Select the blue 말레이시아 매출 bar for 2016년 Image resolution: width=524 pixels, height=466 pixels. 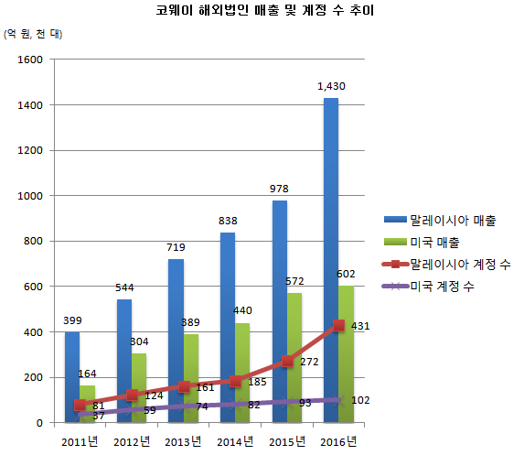click(x=330, y=256)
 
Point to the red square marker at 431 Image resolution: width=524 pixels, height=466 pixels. click(x=338, y=325)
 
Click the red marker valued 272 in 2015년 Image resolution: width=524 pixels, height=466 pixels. click(x=287, y=361)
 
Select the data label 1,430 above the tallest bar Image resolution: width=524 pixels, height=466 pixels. click(x=331, y=86)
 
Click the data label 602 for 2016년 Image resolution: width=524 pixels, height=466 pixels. click(x=347, y=274)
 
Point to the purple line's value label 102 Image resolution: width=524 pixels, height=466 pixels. click(x=361, y=399)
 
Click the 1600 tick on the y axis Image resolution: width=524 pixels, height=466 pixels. click(x=31, y=60)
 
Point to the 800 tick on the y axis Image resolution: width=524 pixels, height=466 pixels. click(x=34, y=241)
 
